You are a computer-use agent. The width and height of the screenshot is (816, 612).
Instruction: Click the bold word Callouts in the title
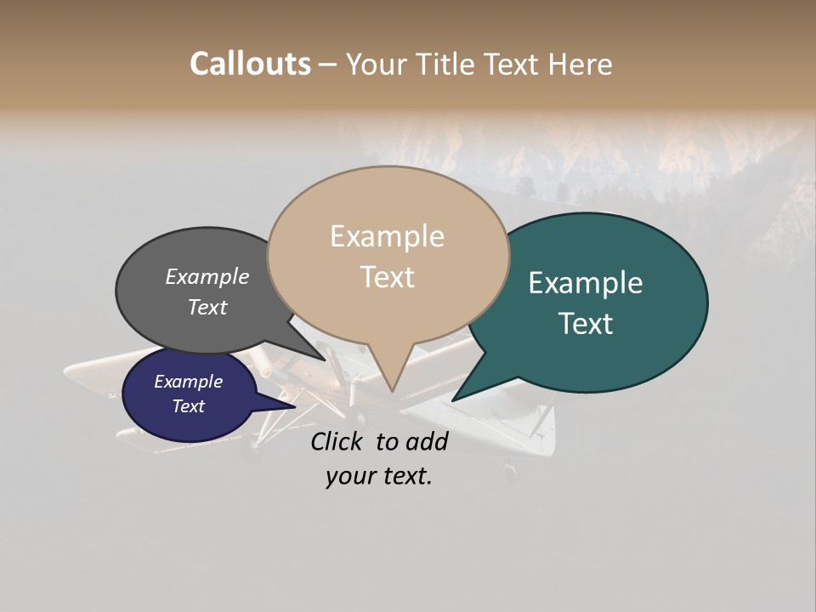point(250,64)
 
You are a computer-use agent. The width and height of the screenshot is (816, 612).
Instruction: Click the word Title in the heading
point(450,64)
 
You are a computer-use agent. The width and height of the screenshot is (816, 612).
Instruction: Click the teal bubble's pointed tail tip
point(453,399)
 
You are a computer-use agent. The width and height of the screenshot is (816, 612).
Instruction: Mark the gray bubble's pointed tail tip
point(326,360)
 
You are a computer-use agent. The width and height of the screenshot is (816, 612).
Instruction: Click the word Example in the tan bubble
point(387,236)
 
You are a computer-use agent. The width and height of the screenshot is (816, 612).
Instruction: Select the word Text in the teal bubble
point(586,323)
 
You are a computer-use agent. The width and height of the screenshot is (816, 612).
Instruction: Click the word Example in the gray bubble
point(207,277)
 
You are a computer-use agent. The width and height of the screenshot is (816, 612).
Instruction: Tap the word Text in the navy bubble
point(189,406)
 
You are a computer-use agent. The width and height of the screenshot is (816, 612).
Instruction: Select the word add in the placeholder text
point(426,441)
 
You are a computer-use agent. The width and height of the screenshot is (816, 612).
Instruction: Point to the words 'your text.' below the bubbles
point(379,476)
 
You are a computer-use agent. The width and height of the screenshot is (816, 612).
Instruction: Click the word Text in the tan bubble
point(388,277)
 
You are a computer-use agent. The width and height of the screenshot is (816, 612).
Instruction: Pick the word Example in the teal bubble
point(586,283)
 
